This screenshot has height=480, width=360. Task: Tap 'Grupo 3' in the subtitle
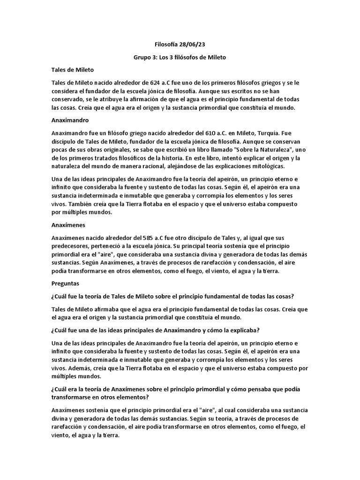click(x=145, y=57)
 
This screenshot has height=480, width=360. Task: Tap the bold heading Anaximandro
click(x=70, y=120)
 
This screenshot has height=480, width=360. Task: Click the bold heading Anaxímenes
click(x=68, y=225)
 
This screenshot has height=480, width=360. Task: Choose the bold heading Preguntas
click(x=65, y=284)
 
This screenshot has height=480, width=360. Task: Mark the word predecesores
click(x=72, y=246)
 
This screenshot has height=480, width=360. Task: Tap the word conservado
click(x=69, y=100)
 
